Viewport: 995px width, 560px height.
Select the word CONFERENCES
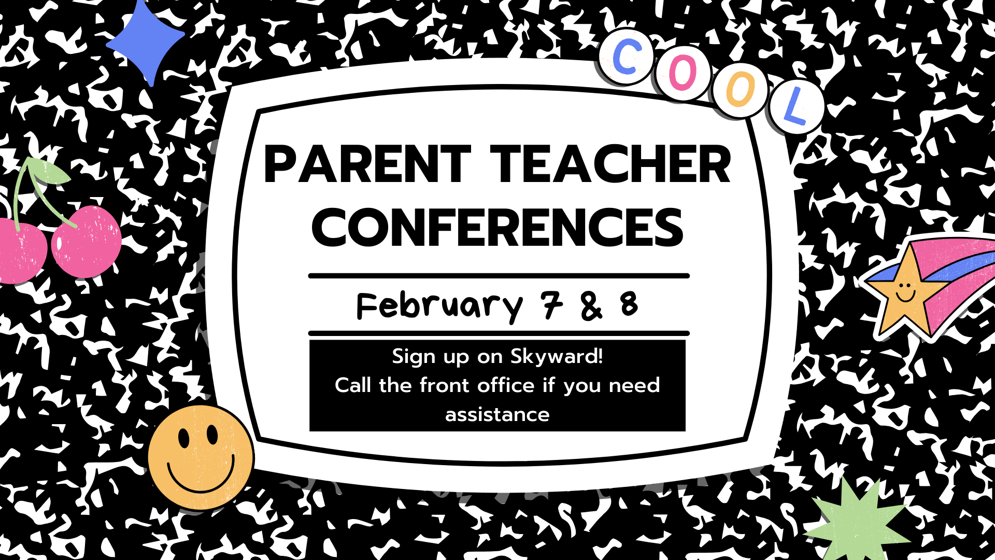497,228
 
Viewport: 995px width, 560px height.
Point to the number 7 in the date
552,304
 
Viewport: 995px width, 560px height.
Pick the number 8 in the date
629,304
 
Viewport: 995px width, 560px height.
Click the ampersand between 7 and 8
591,306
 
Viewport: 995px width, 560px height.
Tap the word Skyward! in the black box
557,357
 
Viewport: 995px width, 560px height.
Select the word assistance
497,415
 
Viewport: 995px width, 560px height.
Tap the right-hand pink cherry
87,242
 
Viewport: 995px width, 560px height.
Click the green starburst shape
858,524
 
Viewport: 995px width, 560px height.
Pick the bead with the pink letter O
683,73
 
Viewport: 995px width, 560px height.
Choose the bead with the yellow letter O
740,90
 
